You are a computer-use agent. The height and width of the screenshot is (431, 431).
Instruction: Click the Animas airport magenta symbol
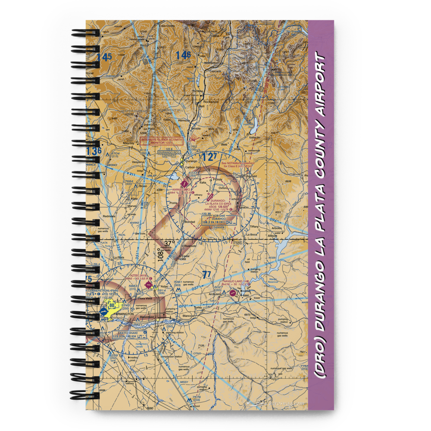coord(185,183)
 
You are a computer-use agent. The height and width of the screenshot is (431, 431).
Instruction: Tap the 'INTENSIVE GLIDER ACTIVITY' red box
coord(162,141)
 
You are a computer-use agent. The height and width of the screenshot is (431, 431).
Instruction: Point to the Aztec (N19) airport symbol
coord(149,285)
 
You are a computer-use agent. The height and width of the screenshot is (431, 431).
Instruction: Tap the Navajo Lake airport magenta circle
coord(233,293)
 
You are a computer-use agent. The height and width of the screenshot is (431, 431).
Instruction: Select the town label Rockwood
coord(211,102)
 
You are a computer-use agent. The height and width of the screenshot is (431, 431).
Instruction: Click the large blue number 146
coord(183,55)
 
